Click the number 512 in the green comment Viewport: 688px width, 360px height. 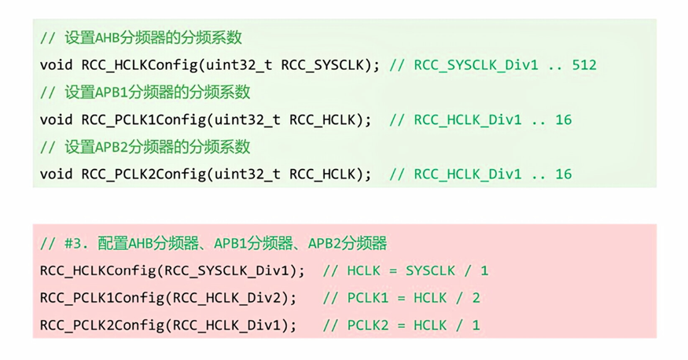[x=584, y=64]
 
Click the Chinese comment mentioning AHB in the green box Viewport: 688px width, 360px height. [x=145, y=38]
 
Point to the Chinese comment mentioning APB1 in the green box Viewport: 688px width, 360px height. [x=145, y=92]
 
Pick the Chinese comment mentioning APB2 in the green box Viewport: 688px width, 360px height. [x=145, y=147]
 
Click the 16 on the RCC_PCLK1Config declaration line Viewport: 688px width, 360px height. [x=563, y=119]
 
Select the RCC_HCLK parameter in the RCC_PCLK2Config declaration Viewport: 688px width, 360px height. [x=323, y=174]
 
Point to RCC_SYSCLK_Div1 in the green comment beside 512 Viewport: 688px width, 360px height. [x=476, y=64]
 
